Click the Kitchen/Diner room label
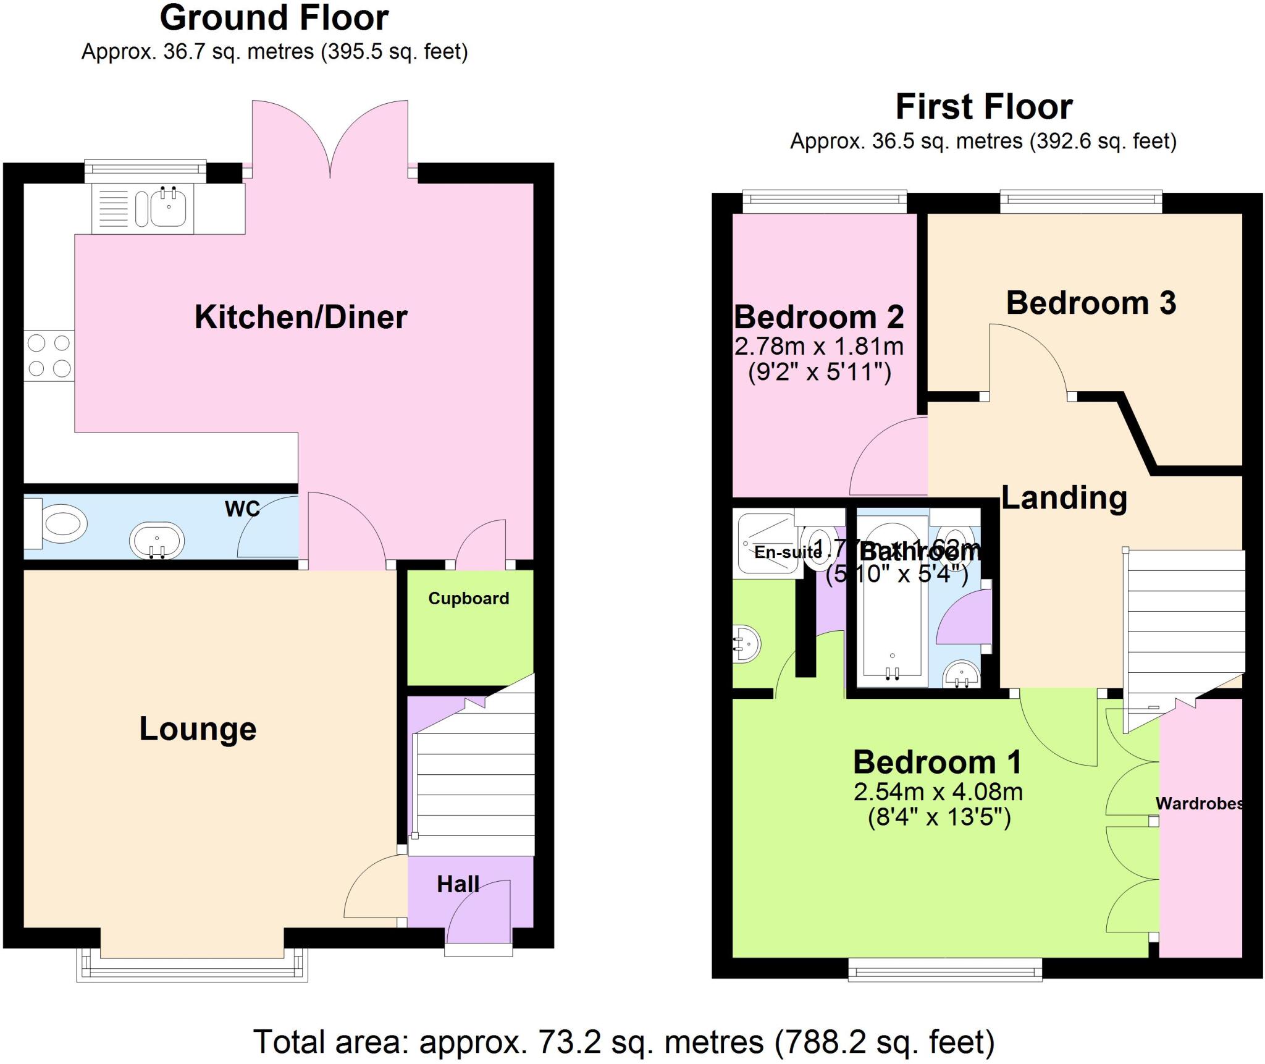(301, 318)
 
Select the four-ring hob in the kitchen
(49, 355)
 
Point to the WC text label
(242, 509)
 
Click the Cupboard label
(469, 598)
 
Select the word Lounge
(198, 728)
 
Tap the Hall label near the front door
(458, 884)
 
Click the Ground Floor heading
(274, 18)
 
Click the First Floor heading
(984, 107)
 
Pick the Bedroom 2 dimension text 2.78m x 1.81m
(819, 347)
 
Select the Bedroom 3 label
(1091, 303)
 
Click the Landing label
(1064, 498)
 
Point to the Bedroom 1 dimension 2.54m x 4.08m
(938, 792)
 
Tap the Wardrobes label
(1199, 804)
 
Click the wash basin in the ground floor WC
(157, 541)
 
